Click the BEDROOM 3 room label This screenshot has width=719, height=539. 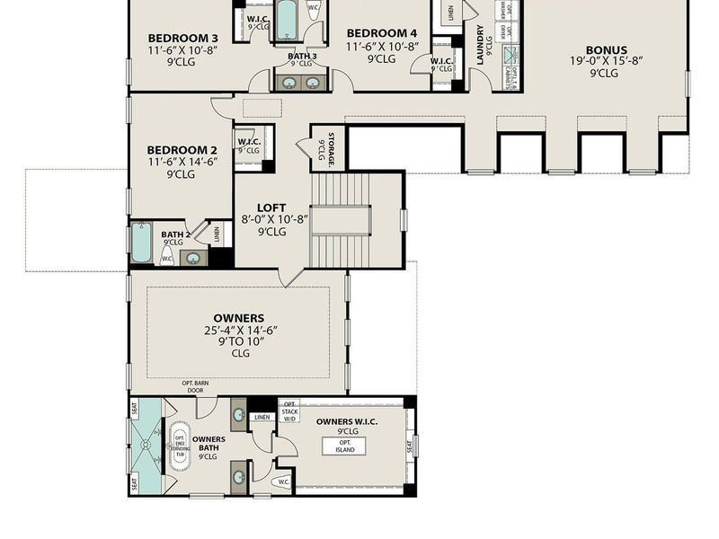pyautogui.click(x=182, y=38)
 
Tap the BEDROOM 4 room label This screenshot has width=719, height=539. pyautogui.click(x=381, y=33)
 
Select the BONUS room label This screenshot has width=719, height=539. pyautogui.click(x=607, y=50)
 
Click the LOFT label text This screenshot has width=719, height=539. pyautogui.click(x=271, y=206)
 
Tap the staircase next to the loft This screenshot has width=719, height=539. pyautogui.click(x=341, y=220)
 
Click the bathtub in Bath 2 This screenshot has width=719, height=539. pyautogui.click(x=141, y=243)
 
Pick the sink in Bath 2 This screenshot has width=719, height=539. pyautogui.click(x=192, y=259)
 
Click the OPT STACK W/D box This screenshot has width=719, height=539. pyautogui.click(x=289, y=411)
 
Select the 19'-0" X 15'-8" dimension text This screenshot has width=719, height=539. pyautogui.click(x=607, y=62)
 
